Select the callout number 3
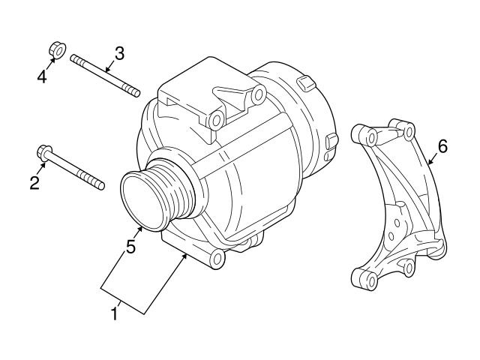(118, 53)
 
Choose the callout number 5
(130, 246)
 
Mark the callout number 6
(442, 146)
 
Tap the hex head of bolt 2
(43, 154)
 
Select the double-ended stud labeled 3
(105, 74)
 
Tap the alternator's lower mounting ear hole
(217, 259)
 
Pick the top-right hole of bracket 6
(409, 131)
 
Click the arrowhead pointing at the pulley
(140, 226)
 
